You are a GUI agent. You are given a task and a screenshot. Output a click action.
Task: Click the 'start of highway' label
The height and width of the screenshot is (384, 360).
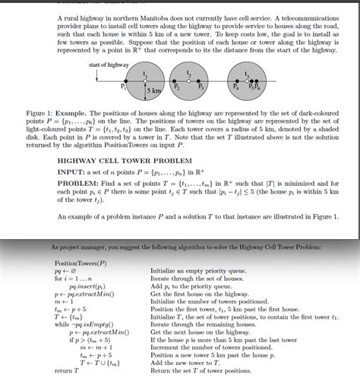pos(109,66)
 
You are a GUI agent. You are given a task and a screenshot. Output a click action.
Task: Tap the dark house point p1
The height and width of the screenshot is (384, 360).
pos(125,81)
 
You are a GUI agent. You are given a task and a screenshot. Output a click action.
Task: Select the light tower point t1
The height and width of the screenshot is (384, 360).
pos(145,81)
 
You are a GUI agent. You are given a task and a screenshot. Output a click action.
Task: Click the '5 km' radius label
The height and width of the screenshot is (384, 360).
pos(155,91)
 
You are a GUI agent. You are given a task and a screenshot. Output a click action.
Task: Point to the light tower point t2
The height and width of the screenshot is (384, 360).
pos(188,81)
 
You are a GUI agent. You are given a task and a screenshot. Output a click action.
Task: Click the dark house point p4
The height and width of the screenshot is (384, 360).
pos(235,81)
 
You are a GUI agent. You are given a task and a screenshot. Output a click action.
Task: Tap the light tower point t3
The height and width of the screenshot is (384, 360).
pos(247,81)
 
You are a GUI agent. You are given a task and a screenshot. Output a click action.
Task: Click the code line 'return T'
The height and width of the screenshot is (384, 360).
pos(66,371)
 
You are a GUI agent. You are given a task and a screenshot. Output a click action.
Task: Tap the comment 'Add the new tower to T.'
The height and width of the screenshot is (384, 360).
pos(187,363)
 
